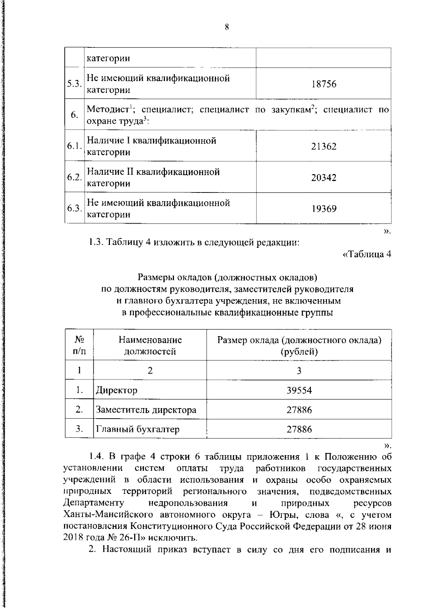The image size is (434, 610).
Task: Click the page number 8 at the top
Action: [x=227, y=27]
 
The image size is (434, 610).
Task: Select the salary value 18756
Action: [x=324, y=84]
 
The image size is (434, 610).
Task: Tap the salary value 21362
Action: [x=324, y=146]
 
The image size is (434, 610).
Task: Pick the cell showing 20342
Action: [x=324, y=178]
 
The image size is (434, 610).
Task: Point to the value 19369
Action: [x=324, y=209]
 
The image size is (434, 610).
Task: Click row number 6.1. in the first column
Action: [x=75, y=146]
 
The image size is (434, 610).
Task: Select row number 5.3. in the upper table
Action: [x=75, y=84]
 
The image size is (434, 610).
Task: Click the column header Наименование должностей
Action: [x=150, y=345]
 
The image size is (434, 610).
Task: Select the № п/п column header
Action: [x=79, y=345]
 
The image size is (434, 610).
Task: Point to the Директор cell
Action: [x=116, y=390]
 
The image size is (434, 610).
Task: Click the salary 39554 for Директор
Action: [x=299, y=390]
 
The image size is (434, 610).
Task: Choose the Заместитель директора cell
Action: [x=146, y=410]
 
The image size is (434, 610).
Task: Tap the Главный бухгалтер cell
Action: [x=137, y=429]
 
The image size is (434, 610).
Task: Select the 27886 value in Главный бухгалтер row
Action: [x=299, y=429]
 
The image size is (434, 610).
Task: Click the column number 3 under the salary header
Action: [x=299, y=370]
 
